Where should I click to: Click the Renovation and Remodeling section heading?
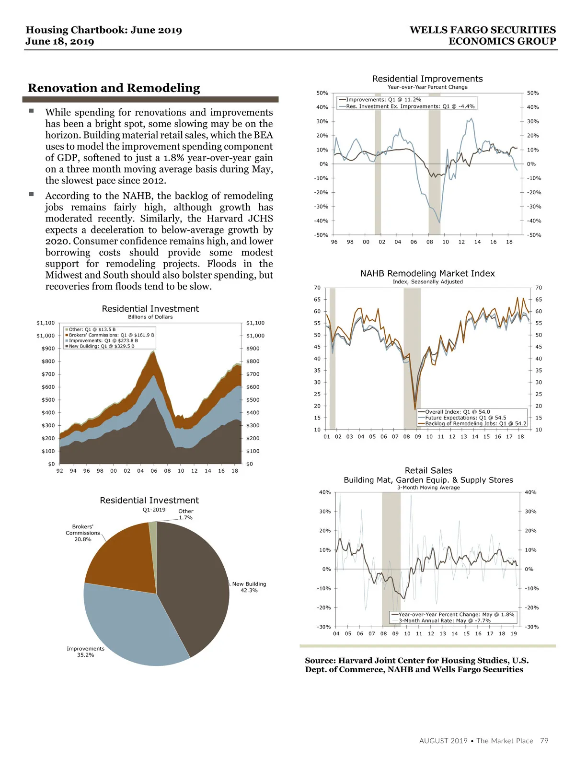114,88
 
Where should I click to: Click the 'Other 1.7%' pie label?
186,514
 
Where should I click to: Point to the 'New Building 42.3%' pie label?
249,587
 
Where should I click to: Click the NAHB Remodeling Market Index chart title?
427,273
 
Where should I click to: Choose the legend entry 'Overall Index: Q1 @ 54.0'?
457,412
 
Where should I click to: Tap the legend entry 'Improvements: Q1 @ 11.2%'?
383,100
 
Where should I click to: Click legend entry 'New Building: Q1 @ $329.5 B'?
101,346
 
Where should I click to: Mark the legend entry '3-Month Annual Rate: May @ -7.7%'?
444,621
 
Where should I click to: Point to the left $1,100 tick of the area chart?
46,323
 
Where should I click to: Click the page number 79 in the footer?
544,741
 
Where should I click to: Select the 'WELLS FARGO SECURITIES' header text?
483,30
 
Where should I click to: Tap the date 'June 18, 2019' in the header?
60,42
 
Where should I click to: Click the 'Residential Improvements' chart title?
427,79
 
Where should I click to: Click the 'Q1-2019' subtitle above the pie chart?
154,510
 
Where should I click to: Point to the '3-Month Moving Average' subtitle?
428,488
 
